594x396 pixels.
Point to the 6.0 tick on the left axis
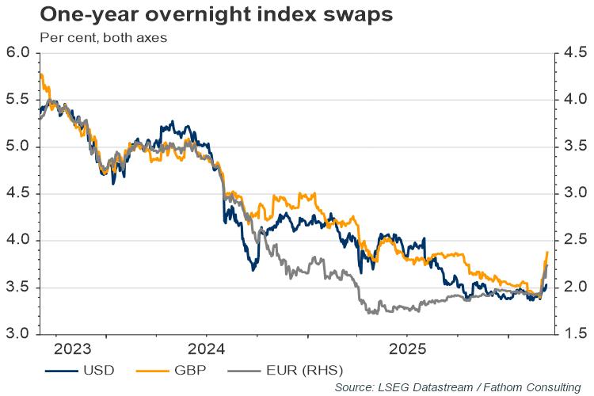pyautogui.click(x=17, y=53)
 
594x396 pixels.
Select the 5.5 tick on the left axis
pyautogui.click(x=17, y=100)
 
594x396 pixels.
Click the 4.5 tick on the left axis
pyautogui.click(x=17, y=193)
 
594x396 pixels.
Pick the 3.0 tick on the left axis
pyautogui.click(x=17, y=333)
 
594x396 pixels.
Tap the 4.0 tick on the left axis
pyautogui.click(x=17, y=240)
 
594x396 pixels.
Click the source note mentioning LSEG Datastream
pyautogui.click(x=457, y=386)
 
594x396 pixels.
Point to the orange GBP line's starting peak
pyautogui.click(x=40, y=74)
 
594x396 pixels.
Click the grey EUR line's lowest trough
pyautogui.click(x=372, y=313)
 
